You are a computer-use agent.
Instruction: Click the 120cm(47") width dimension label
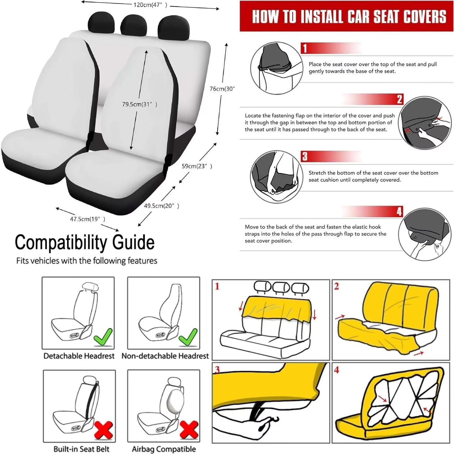[150, 5]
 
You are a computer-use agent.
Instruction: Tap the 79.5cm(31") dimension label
[140, 104]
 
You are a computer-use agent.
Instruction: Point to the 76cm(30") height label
[222, 89]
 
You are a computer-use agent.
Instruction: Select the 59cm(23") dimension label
[197, 166]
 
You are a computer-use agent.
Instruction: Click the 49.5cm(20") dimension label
[161, 206]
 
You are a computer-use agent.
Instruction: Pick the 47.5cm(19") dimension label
[87, 219]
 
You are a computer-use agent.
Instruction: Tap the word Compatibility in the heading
[61, 243]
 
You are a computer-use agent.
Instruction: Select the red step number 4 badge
[399, 211]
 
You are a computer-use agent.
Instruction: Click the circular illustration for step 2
[425, 123]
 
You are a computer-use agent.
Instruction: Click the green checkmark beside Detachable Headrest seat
[103, 337]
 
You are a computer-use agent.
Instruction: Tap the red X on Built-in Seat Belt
[104, 430]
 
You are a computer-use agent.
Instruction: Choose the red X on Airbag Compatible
[189, 430]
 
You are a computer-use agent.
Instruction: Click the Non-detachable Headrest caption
[165, 356]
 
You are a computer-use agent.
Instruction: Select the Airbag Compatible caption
[164, 449]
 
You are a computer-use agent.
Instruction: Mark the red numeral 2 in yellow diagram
[337, 286]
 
